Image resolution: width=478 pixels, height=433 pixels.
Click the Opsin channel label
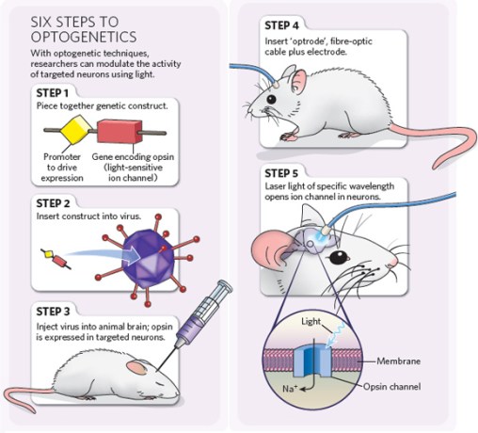pyautogui.click(x=420, y=387)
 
